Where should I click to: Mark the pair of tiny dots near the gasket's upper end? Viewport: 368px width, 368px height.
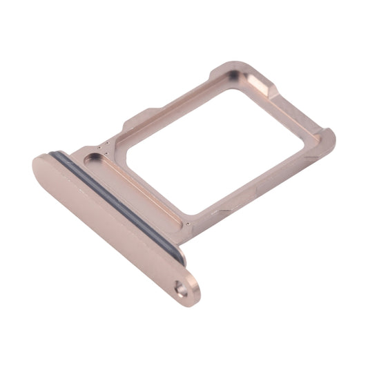pos(104,147)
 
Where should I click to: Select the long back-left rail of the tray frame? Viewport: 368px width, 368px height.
pos(173,104)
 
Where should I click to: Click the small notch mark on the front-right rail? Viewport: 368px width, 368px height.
pos(224,208)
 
